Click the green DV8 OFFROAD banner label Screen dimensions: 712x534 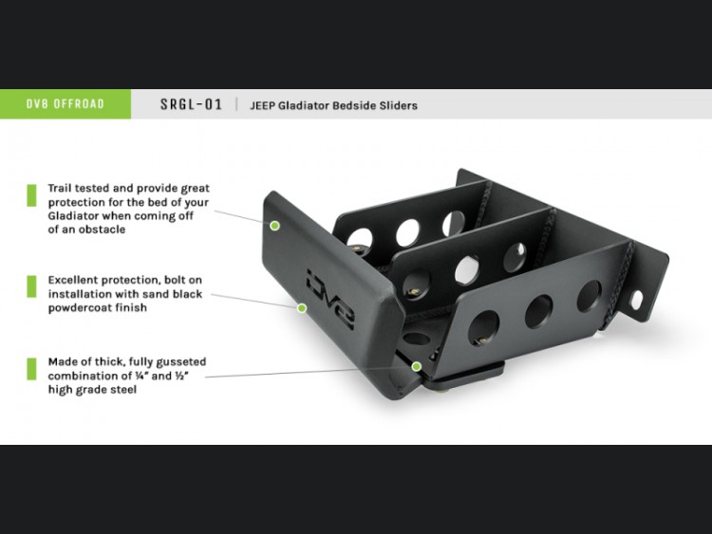click(66, 104)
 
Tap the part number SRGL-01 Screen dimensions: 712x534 click(191, 104)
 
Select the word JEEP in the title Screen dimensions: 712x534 click(262, 105)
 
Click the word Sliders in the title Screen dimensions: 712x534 click(398, 105)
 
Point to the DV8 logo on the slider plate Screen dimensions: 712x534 click(330, 298)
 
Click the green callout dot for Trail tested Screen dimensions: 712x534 click(274, 226)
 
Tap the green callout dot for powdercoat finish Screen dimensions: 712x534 click(302, 308)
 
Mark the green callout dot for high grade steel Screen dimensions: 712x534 click(417, 366)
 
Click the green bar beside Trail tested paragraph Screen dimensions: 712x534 click(31, 195)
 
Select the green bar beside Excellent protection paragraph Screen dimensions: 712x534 click(31, 286)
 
